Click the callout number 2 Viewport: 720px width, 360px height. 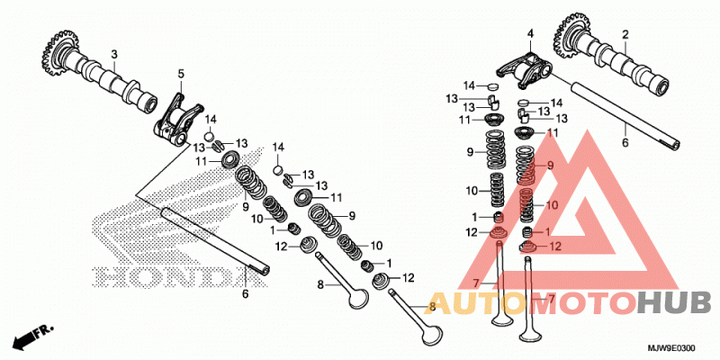(625, 34)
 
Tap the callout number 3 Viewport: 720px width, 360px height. (114, 55)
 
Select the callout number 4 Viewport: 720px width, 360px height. (530, 33)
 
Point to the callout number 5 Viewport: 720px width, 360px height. (181, 74)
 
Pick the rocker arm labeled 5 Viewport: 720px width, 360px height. (177, 122)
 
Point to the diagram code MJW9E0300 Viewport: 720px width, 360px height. (672, 348)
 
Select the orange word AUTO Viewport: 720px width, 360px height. (473, 304)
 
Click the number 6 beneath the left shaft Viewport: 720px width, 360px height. (245, 294)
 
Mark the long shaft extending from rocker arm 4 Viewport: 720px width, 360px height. (625, 114)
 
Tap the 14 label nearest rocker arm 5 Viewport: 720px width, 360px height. (211, 120)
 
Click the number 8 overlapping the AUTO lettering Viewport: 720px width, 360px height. (432, 307)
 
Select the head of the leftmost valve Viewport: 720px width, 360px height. (358, 299)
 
